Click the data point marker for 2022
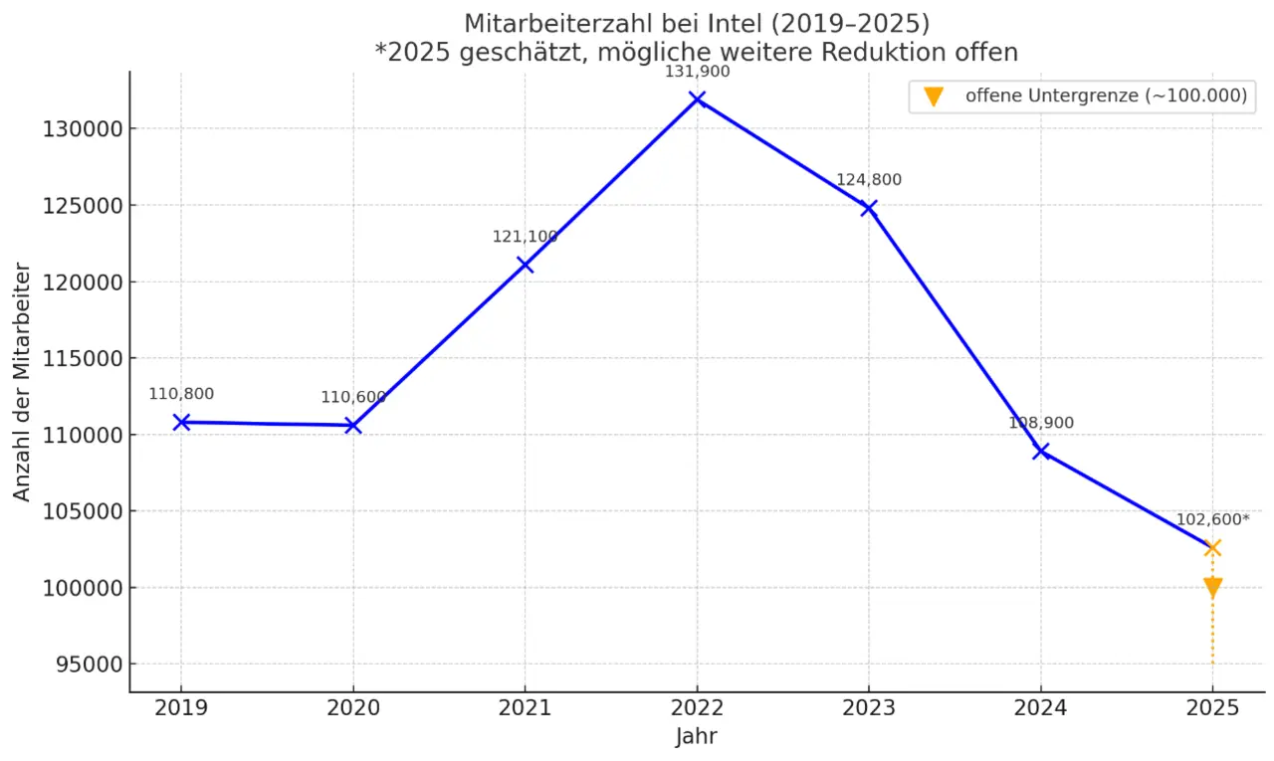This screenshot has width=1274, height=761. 697,99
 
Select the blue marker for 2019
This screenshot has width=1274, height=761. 181,422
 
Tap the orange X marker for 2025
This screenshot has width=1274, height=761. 1212,547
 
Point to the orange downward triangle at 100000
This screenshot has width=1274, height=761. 1212,587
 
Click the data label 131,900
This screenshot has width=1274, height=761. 697,72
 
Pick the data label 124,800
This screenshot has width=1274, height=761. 868,180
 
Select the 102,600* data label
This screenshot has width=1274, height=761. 1212,519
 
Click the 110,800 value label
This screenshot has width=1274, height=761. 181,394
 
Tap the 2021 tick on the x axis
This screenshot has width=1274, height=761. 525,707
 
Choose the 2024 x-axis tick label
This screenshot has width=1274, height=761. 1040,707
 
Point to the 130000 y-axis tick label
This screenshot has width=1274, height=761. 82,129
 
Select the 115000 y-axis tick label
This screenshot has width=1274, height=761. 82,358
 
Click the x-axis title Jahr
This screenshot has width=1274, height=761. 696,737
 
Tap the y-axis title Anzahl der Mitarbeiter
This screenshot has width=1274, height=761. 22,382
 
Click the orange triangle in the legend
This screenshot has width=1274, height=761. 933,96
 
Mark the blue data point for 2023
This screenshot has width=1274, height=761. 869,208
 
